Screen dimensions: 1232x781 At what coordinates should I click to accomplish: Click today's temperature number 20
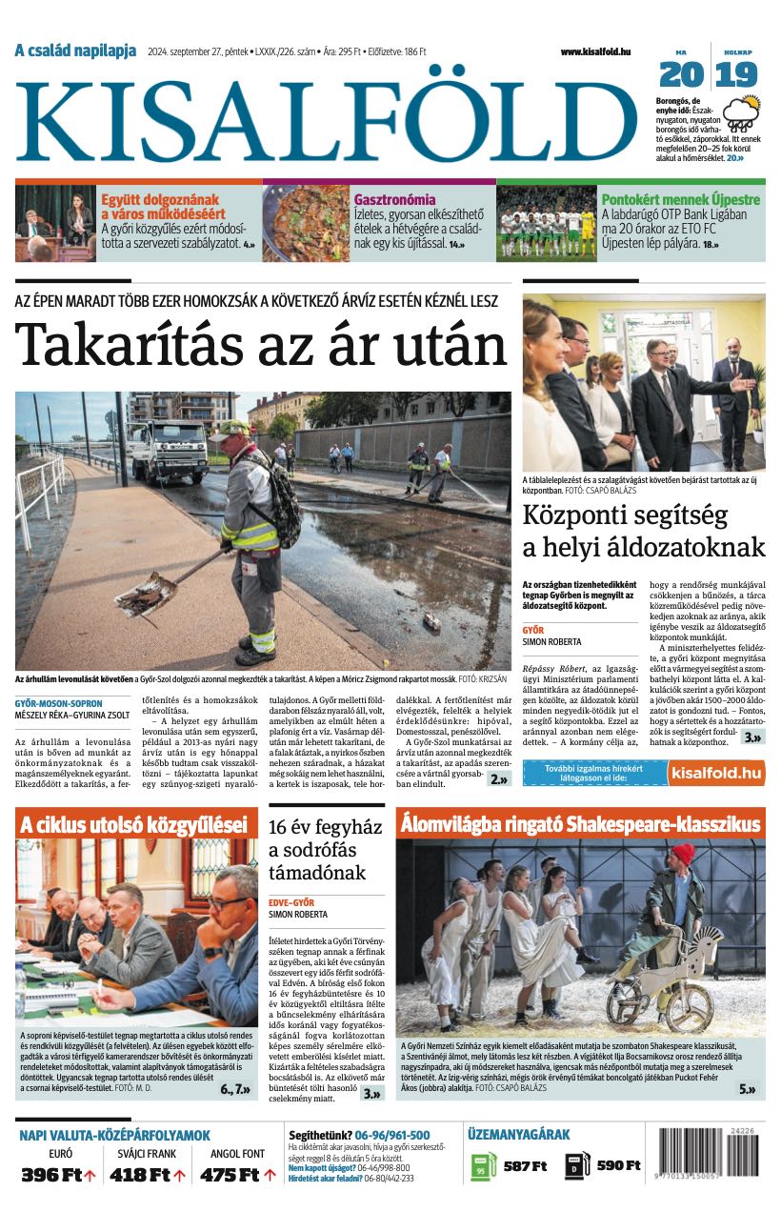pyautogui.click(x=681, y=74)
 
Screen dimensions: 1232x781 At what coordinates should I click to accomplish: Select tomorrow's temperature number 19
pyautogui.click(x=736, y=74)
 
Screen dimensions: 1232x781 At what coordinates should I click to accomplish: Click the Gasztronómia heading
pyautogui.click(x=394, y=200)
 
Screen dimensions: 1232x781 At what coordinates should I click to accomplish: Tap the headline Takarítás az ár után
pyautogui.click(x=262, y=345)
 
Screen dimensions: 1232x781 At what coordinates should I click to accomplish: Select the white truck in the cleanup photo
pyautogui.click(x=170, y=450)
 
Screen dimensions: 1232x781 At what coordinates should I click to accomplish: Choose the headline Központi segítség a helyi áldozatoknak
pyautogui.click(x=644, y=532)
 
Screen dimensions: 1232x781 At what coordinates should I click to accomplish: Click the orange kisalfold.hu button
pyautogui.click(x=715, y=772)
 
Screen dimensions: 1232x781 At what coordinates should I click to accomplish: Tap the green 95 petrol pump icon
pyautogui.click(x=482, y=1166)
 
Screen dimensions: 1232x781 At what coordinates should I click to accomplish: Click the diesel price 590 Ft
pyautogui.click(x=617, y=1165)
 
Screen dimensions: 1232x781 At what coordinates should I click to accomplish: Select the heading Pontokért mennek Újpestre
pyautogui.click(x=680, y=200)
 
